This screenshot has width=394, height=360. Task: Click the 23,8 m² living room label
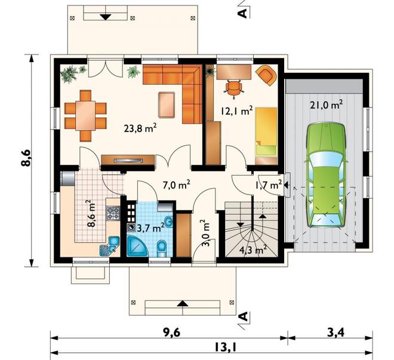140,128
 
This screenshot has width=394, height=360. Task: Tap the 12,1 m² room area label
237,110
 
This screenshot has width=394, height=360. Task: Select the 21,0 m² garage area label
327,104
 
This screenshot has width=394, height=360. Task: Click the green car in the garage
326,175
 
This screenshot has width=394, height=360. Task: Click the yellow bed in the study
266,131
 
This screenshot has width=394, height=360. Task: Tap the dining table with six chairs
85,116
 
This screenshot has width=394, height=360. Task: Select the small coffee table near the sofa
167,105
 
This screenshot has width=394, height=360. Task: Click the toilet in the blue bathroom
162,249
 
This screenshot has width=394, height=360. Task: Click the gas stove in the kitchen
113,213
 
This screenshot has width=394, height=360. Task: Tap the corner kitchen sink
110,247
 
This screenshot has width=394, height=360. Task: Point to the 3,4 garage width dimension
335,333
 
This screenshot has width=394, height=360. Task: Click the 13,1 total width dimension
225,347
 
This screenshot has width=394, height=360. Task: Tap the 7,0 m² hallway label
176,186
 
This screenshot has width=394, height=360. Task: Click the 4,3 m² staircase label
253,250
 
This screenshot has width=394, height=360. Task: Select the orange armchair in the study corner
266,75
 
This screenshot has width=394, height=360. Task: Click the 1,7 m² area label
269,185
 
